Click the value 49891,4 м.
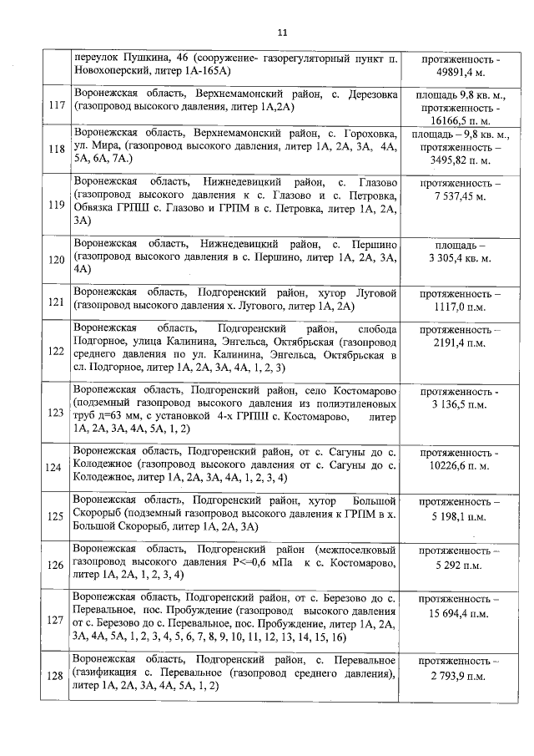click(x=461, y=73)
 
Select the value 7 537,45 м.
click(x=461, y=196)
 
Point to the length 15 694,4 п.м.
click(x=461, y=614)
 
